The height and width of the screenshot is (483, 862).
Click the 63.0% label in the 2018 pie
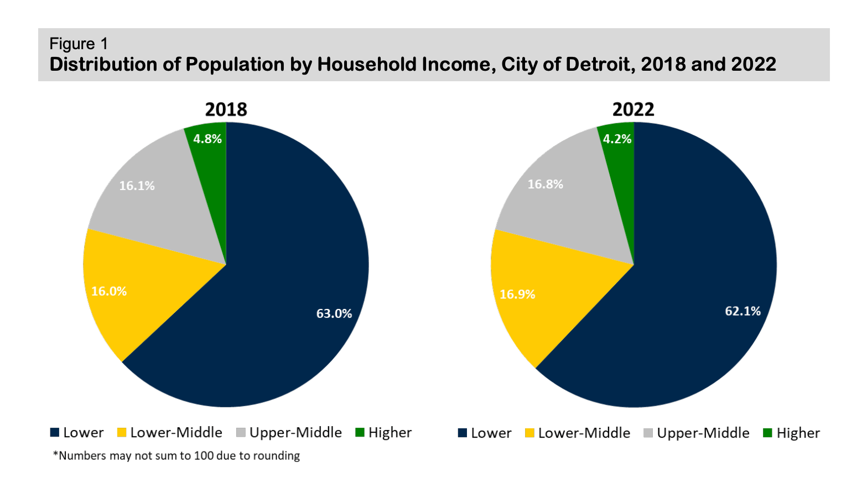pyautogui.click(x=334, y=313)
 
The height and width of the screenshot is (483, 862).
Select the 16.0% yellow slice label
pyautogui.click(x=109, y=291)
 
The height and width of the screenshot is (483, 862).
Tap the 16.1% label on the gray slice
pyautogui.click(x=137, y=186)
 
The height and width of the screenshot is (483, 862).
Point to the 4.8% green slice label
pyautogui.click(x=207, y=139)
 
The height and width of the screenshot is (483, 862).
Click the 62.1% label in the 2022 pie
pyautogui.click(x=742, y=311)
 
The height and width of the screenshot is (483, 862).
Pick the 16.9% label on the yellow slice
pyautogui.click(x=517, y=294)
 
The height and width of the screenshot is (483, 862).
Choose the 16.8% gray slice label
pyautogui.click(x=545, y=184)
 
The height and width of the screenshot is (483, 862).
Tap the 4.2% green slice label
pyautogui.click(x=617, y=139)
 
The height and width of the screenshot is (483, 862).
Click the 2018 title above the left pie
pyautogui.click(x=226, y=109)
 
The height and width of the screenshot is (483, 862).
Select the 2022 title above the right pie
pyautogui.click(x=633, y=109)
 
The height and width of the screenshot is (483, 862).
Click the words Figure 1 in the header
pyautogui.click(x=79, y=44)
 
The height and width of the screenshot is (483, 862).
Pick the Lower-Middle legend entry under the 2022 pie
pyautogui.click(x=584, y=433)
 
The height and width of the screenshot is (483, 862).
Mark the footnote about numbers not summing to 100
pyautogui.click(x=176, y=456)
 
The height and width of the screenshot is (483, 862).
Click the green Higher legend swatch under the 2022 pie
pyautogui.click(x=767, y=433)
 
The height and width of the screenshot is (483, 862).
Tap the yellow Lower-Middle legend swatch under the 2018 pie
pyautogui.click(x=122, y=433)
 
